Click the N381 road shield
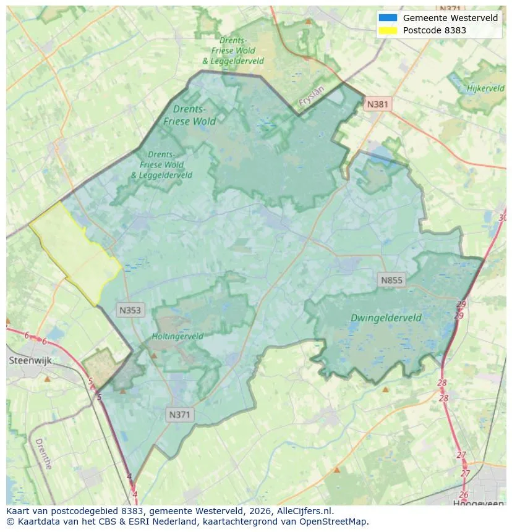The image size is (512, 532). tap(377, 104)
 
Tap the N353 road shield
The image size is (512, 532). tap(130, 310)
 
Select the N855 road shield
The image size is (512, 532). tap(391, 281)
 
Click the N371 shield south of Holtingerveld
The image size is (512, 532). tap(180, 415)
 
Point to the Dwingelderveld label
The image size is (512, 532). tap(386, 318)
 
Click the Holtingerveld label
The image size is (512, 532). tap(177, 337)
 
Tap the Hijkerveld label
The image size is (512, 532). tap(486, 89)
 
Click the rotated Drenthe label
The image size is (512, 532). tap(43, 454)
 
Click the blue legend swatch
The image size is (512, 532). tap(388, 18)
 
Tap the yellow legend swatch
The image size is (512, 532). tap(388, 30)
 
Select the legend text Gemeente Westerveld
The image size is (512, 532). tap(450, 18)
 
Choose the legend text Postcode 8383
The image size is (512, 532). tap(434, 30)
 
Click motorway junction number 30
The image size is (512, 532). tap(502, 217)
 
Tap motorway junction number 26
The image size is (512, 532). tap(464, 494)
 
